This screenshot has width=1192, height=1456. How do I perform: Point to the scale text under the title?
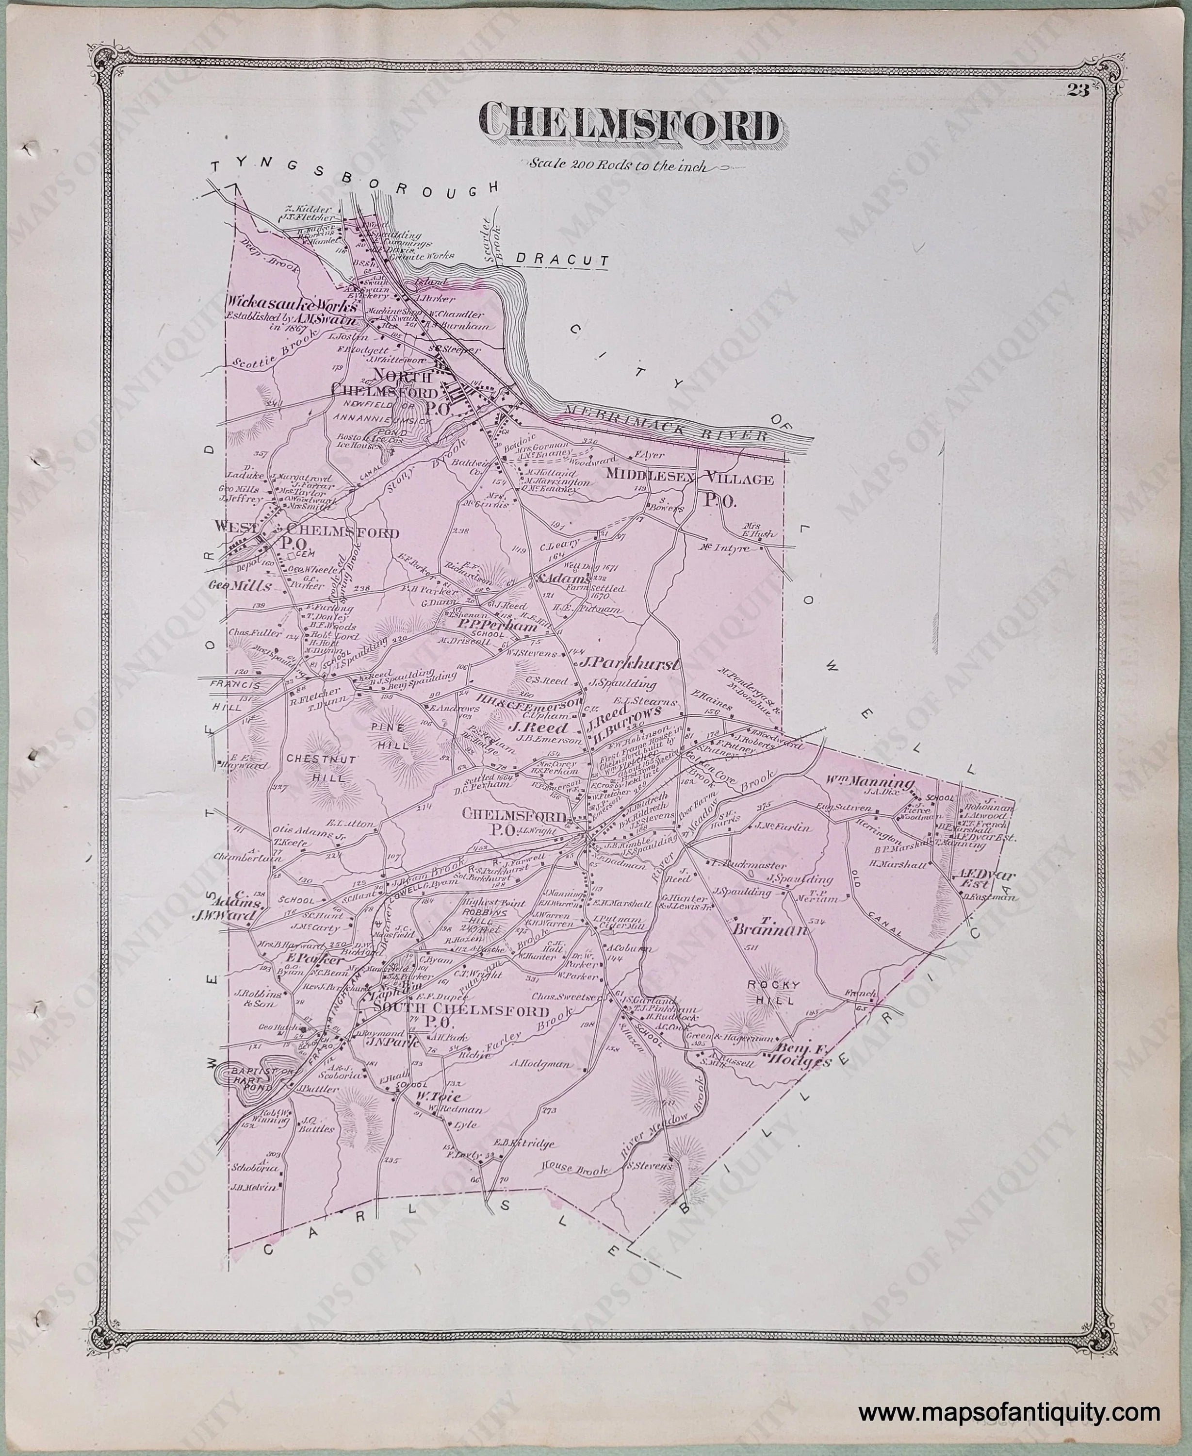(617, 165)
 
